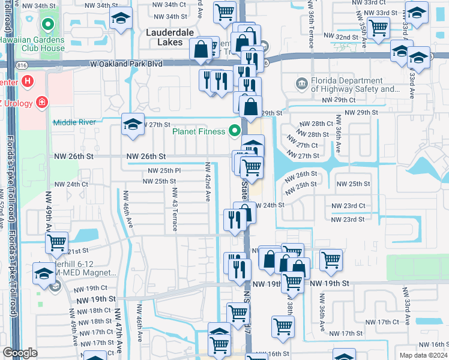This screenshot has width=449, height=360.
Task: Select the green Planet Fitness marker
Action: (235, 131)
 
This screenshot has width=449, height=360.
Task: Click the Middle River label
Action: (74, 122)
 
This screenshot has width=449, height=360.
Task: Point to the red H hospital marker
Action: (26, 81)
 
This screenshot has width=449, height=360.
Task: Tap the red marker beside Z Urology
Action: (41, 102)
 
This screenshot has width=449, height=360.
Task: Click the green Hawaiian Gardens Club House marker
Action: (46, 25)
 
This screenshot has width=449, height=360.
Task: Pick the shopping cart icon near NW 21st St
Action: (57, 243)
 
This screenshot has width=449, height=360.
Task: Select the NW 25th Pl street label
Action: (161, 171)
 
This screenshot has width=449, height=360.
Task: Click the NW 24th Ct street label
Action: (71, 184)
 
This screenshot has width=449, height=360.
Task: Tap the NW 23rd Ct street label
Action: (348, 206)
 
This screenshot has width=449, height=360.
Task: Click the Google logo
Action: (20, 353)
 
